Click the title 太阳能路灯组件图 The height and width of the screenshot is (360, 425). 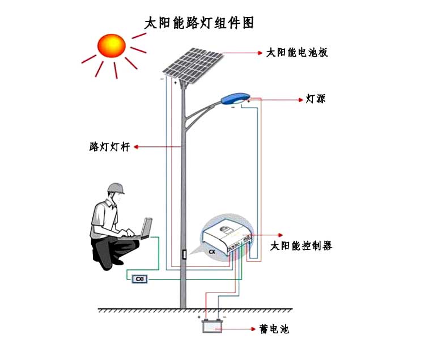pyautogui.click(x=199, y=23)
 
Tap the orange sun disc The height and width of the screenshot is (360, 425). pyautogui.click(x=112, y=45)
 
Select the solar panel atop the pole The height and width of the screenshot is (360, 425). pyautogui.click(x=193, y=65)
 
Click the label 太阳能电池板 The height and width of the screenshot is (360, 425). pyautogui.click(x=297, y=53)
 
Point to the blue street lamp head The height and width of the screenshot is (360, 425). pyautogui.click(x=235, y=99)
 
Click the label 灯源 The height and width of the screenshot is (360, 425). pyautogui.click(x=316, y=99)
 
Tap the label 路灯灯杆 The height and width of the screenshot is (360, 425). pyautogui.click(x=109, y=147)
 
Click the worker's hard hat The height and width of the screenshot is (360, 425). pyautogui.click(x=116, y=188)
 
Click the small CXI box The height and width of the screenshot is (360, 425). pyautogui.click(x=139, y=279)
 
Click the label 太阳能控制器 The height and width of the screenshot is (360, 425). pyautogui.click(x=301, y=246)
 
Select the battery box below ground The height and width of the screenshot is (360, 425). pyautogui.click(x=212, y=326)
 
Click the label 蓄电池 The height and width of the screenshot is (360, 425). pyautogui.click(x=274, y=329)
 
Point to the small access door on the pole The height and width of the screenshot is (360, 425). pyautogui.click(x=184, y=255)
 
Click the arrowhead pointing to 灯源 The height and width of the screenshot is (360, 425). pyautogui.click(x=301, y=100)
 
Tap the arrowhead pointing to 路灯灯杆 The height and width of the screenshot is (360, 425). pyautogui.click(x=137, y=147)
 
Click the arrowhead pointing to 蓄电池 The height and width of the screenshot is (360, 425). pyautogui.click(x=253, y=329)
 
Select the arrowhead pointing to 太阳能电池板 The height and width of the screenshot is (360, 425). pyautogui.click(x=261, y=53)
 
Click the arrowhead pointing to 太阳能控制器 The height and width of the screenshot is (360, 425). pyautogui.click(x=280, y=235)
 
